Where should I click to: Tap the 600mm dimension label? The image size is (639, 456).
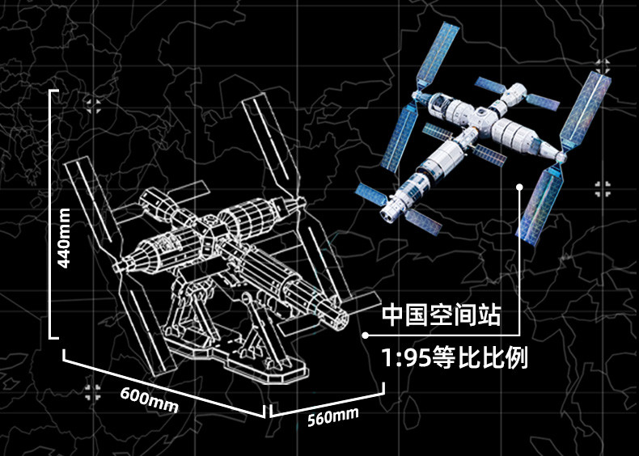(149, 399)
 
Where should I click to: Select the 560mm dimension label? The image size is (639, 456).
(332, 419)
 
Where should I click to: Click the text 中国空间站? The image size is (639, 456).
(442, 315)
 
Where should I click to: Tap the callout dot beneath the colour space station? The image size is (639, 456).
(520, 186)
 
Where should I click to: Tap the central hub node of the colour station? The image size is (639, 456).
(468, 129)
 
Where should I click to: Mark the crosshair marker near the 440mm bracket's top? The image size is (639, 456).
(94, 104)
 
